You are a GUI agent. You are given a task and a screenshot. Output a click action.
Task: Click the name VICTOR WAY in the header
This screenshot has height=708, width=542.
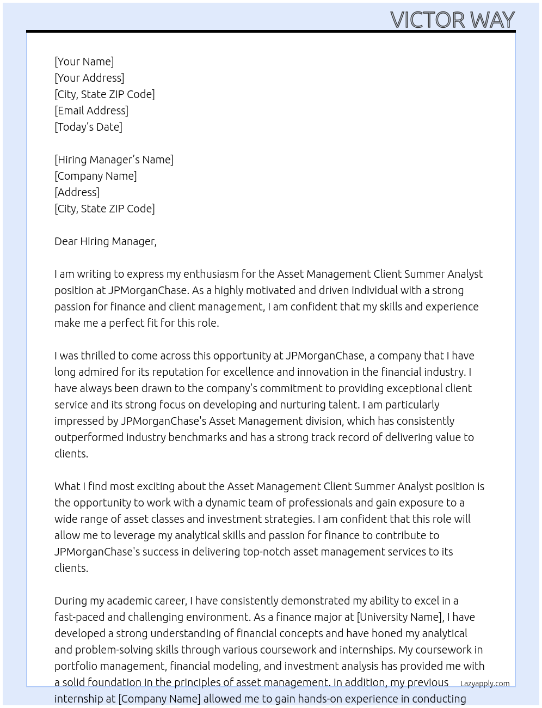[452, 20]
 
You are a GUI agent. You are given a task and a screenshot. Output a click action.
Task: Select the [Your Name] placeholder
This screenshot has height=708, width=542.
[84, 62]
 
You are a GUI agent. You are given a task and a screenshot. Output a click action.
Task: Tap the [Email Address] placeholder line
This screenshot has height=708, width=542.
[91, 111]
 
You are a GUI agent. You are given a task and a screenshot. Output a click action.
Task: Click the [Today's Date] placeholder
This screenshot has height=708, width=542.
[88, 127]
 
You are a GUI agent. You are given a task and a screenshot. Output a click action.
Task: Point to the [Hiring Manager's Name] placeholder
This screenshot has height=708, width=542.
[114, 160]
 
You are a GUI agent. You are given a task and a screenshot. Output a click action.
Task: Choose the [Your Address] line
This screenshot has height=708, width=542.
[89, 78]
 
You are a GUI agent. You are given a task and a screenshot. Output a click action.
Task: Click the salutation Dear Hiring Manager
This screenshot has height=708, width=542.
[105, 241]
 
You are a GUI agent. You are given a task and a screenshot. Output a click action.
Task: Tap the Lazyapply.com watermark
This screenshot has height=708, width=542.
[485, 683]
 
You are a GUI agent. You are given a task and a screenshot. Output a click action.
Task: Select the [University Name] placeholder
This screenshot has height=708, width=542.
[399, 617]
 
